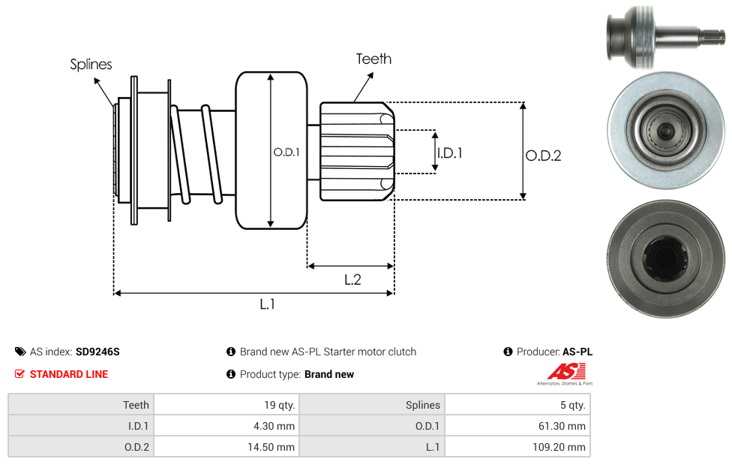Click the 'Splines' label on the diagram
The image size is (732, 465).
pyautogui.click(x=91, y=64)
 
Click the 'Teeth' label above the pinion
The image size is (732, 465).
pyautogui.click(x=373, y=59)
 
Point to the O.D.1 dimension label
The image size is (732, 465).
pyautogui.click(x=286, y=152)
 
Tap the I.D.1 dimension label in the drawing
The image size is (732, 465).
pyautogui.click(x=449, y=153)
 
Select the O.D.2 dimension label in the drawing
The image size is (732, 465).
pyautogui.click(x=544, y=156)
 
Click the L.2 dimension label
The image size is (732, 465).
pyautogui.click(x=352, y=279)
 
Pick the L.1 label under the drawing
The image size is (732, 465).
pyautogui.click(x=267, y=304)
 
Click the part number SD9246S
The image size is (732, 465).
pyautogui.click(x=97, y=352)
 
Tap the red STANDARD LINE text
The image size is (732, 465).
pyautogui.click(x=69, y=374)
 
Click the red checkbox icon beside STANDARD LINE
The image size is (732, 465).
pyautogui.click(x=19, y=374)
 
